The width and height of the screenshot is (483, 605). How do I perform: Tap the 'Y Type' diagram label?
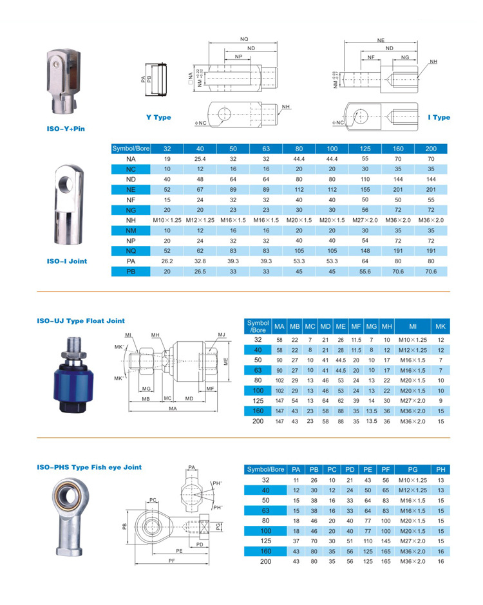(158, 118)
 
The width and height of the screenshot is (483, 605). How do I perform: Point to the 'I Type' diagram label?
(439, 118)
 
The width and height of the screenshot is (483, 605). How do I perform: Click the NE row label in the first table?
(131, 190)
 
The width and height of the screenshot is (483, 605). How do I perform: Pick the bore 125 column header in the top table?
(365, 148)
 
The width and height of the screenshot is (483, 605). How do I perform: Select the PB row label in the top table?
(131, 272)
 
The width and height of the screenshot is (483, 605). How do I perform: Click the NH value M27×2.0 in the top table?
(365, 221)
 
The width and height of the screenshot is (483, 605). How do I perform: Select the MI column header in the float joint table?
(413, 325)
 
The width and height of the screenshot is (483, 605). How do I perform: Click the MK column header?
(440, 325)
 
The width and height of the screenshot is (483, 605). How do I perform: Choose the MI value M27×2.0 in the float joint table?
(413, 400)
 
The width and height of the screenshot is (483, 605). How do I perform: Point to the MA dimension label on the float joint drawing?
(173, 409)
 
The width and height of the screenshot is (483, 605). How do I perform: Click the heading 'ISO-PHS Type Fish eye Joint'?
(89, 467)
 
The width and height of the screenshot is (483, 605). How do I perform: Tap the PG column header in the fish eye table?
(413, 469)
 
